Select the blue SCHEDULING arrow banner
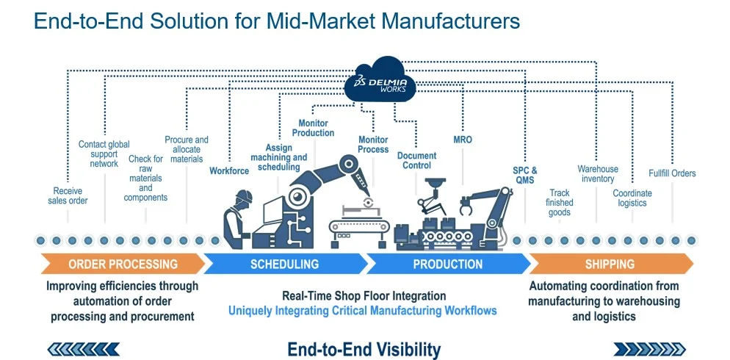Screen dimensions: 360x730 285,264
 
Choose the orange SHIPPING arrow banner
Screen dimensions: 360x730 610,264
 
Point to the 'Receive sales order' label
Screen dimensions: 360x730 68,195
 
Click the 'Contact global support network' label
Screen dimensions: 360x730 104,154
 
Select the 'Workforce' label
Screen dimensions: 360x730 229,171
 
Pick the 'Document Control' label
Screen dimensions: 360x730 416,160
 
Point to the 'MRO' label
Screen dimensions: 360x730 463,140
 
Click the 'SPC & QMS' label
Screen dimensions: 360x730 524,175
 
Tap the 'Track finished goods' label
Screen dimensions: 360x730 560,203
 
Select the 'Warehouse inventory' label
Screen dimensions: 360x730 597,173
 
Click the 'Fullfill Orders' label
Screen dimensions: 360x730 672,173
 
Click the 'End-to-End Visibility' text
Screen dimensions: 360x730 364,349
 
